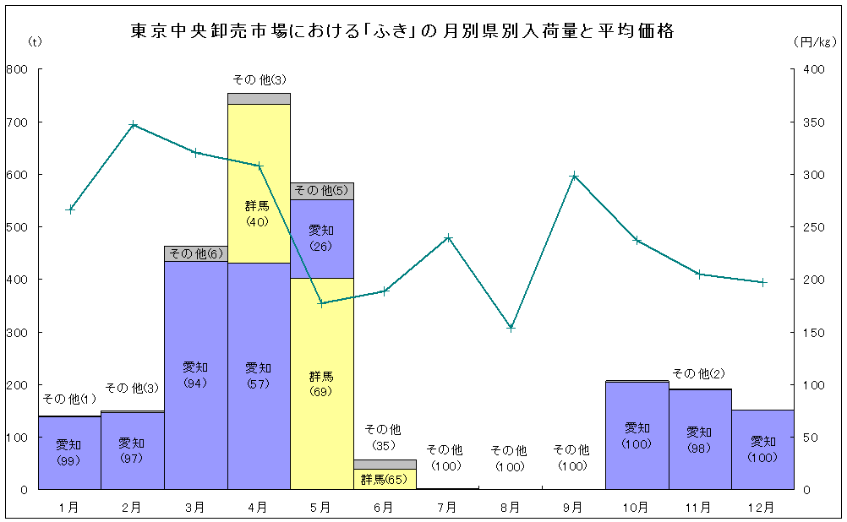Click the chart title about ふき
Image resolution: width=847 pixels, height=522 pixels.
[402, 30]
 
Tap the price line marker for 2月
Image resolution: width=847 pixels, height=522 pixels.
[133, 125]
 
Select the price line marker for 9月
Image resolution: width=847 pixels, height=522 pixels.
[574, 176]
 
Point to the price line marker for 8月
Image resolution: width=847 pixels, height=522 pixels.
[511, 328]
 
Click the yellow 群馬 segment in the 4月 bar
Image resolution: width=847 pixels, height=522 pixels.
[259, 183]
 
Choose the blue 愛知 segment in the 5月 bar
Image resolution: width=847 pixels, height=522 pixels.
[322, 239]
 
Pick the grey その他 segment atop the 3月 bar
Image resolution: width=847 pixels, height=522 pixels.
[195, 253]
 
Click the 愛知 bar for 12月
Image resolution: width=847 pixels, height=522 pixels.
[762, 449]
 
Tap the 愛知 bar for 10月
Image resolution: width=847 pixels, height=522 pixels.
[637, 435]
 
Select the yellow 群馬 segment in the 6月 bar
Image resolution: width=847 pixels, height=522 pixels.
[385, 480]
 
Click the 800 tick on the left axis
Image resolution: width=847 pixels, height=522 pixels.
[17, 69]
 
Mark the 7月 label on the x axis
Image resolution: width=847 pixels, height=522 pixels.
[447, 508]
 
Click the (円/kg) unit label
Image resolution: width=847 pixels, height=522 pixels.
[815, 41]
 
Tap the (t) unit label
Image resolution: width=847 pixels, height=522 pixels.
[34, 41]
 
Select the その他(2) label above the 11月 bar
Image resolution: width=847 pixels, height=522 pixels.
[698, 373]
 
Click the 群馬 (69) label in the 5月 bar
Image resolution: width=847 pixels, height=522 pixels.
[321, 383]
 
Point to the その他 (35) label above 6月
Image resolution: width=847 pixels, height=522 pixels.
[383, 437]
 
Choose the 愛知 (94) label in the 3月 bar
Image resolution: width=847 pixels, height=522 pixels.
[195, 375]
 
